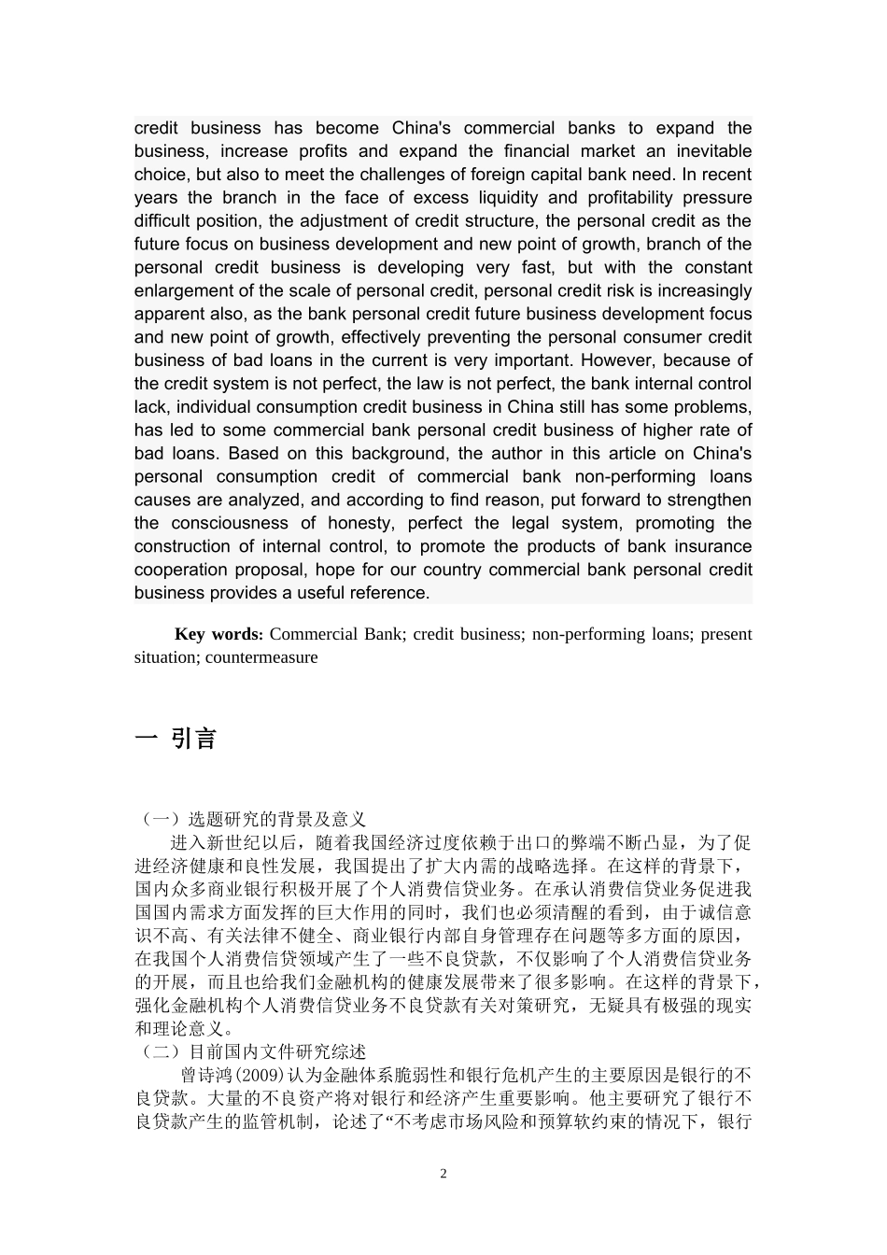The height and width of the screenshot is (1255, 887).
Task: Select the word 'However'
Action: [616, 360]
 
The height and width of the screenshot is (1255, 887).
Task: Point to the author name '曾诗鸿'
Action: [204, 1076]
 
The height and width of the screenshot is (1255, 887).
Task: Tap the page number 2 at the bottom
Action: [443, 1174]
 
